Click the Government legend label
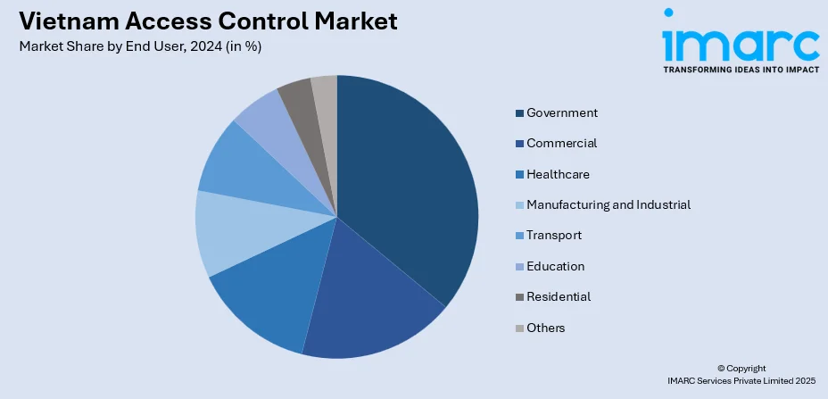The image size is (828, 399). pos(562,112)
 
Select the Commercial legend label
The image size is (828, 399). pos(562,143)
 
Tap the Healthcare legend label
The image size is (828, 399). pos(558,174)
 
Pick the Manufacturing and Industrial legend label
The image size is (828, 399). pos(609,204)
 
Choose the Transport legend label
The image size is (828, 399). pos(554,235)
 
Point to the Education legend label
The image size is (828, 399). pos(556,266)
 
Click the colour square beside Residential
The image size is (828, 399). pos(519,296)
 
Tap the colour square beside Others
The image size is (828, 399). pos(519,328)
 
